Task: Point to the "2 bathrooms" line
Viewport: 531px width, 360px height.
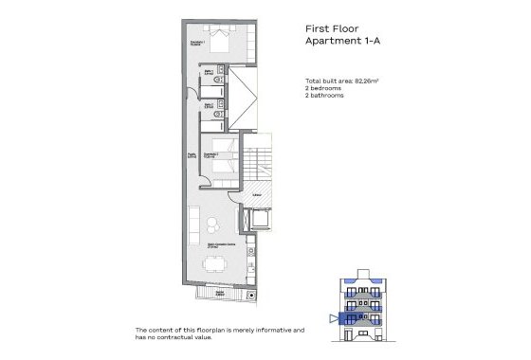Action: coord(326,97)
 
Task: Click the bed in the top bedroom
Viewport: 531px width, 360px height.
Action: coord(220,43)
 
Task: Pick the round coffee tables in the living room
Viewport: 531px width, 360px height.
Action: coord(213,227)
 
